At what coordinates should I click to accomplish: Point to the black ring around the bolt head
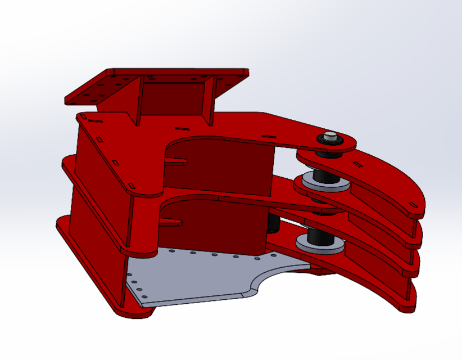(323, 141)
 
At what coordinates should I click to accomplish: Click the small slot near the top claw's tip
(415, 205)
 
